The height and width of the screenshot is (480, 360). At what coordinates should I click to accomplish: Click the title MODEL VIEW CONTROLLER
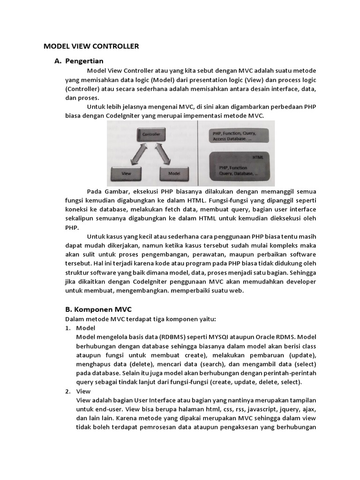pyautogui.click(x=91, y=46)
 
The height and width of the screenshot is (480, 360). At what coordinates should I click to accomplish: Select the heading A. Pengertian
pyautogui.click(x=79, y=61)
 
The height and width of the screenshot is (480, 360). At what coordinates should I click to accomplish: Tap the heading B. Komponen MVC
pyautogui.click(x=97, y=309)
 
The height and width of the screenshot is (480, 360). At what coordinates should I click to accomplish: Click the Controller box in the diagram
pyautogui.click(x=151, y=135)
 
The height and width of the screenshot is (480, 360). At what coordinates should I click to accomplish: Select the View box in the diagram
pyautogui.click(x=126, y=173)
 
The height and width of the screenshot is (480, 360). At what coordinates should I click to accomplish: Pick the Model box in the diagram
pyautogui.click(x=174, y=173)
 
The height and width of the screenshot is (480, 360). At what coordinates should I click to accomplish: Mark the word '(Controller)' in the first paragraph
pyautogui.click(x=82, y=89)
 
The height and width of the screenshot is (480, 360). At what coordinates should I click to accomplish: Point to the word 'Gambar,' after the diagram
pyautogui.click(x=117, y=191)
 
